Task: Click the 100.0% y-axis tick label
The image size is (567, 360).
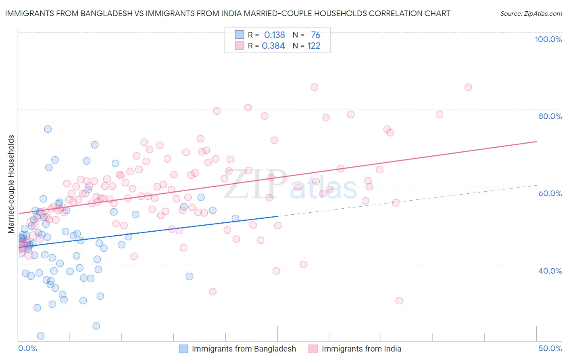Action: point(548,39)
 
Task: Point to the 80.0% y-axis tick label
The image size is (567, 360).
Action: point(550,116)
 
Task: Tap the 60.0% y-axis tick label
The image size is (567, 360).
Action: point(550,193)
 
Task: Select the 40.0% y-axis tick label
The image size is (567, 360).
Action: point(550,271)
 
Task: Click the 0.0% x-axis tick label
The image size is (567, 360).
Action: point(27,348)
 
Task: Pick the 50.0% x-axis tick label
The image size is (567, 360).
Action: point(550,348)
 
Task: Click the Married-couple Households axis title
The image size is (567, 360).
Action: point(11,184)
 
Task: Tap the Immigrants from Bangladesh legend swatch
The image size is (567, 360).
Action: point(183,349)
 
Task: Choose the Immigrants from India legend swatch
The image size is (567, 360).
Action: point(313,349)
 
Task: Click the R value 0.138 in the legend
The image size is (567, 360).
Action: point(274,35)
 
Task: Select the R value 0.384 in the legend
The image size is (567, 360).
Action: point(273,46)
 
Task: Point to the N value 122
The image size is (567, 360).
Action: point(314,46)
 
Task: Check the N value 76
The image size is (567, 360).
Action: point(315,35)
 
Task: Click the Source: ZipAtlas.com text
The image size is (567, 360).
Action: point(531,13)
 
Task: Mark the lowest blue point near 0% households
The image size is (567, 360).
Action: point(41,336)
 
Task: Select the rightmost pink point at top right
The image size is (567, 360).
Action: point(468,87)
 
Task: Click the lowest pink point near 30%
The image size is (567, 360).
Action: point(399,300)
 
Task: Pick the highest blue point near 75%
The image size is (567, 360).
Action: point(48,129)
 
